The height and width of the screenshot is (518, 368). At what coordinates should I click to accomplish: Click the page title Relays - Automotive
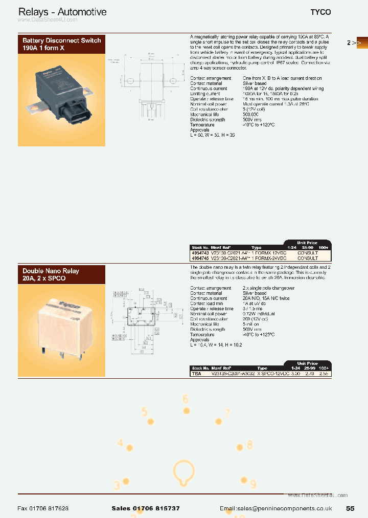tap(62, 12)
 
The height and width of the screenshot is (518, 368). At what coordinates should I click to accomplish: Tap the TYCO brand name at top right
tap(321, 12)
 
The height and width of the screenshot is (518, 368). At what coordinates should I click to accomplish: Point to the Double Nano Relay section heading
tap(51, 275)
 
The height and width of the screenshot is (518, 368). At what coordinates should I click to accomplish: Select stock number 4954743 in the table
tap(199, 253)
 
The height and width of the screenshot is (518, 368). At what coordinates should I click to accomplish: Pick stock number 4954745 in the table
tap(199, 258)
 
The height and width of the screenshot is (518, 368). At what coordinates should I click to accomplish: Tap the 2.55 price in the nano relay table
tap(323, 374)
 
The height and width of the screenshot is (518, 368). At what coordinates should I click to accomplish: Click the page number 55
tap(350, 508)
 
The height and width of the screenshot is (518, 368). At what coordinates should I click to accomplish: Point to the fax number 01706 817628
tap(43, 508)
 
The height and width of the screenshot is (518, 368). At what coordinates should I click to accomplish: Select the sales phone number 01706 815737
tap(145, 508)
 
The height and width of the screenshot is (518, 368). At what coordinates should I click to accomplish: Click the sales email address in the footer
tap(276, 508)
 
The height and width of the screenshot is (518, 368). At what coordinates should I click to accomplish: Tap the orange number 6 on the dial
tap(186, 400)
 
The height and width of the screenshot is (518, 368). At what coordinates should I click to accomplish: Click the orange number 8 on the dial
tap(249, 445)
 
